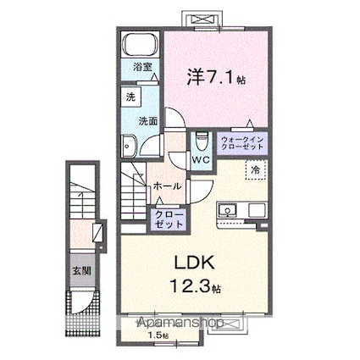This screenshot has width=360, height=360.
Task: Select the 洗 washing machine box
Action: (x=130, y=97)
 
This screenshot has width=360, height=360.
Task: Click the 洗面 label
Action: (x=148, y=120)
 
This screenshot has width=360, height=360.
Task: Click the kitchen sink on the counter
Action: (x=228, y=210)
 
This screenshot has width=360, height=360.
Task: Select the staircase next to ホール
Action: (x=134, y=190)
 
